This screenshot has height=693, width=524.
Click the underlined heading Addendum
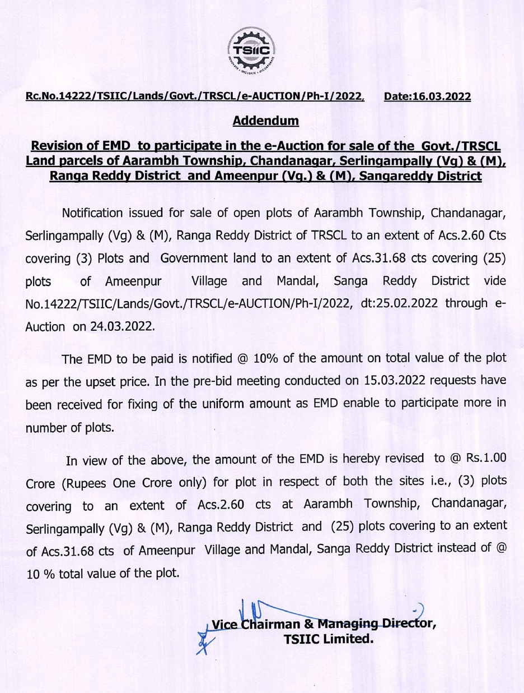click(x=265, y=121)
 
